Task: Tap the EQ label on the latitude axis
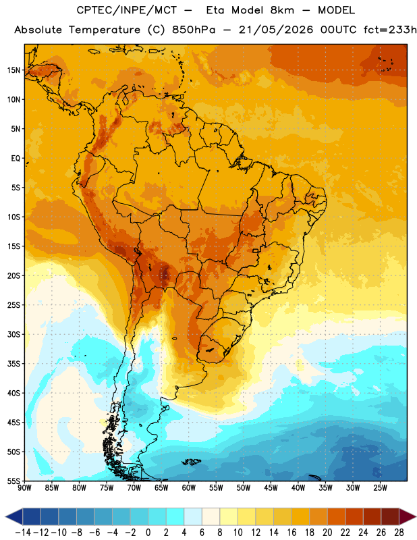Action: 16,159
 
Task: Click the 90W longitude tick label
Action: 24,488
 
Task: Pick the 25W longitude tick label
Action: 380,488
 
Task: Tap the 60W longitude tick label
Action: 189,488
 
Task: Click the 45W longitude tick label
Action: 271,488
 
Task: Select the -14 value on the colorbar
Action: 23,533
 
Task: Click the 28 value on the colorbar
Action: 399,533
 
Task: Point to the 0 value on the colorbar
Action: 148,533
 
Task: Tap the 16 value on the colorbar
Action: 291,533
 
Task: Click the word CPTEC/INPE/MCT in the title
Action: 126,10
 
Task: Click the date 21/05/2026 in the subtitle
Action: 276,30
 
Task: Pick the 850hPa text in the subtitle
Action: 193,30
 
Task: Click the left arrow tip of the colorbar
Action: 5,517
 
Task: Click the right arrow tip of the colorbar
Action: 416,517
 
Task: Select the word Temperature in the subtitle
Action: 105,30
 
